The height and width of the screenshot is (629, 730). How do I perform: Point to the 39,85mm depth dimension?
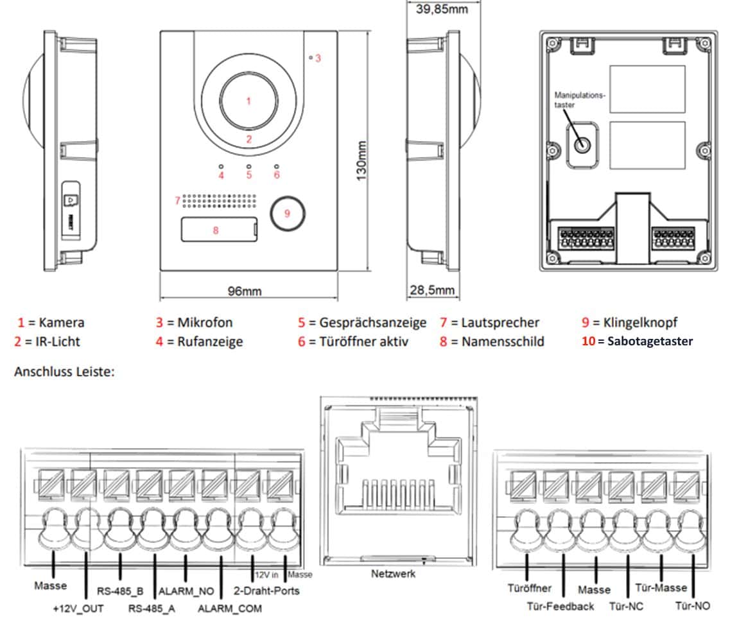[x=442, y=9]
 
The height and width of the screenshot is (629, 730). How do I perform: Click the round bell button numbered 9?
[x=287, y=213]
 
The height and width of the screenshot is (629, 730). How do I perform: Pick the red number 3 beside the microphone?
[x=318, y=58]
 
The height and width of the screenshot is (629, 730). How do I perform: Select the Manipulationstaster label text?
[x=580, y=99]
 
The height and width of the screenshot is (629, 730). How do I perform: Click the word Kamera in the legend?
[x=62, y=322]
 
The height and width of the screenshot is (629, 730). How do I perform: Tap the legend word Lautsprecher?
[x=500, y=322]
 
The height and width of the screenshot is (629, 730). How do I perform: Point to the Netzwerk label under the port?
[x=393, y=574]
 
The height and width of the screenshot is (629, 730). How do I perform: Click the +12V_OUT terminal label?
[x=78, y=608]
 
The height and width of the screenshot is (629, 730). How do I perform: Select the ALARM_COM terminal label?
[x=230, y=608]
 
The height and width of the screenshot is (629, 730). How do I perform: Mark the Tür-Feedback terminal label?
[x=560, y=606]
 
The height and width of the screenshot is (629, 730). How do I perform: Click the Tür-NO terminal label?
[x=693, y=606]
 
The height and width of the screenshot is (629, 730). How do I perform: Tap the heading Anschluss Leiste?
[x=64, y=372]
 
